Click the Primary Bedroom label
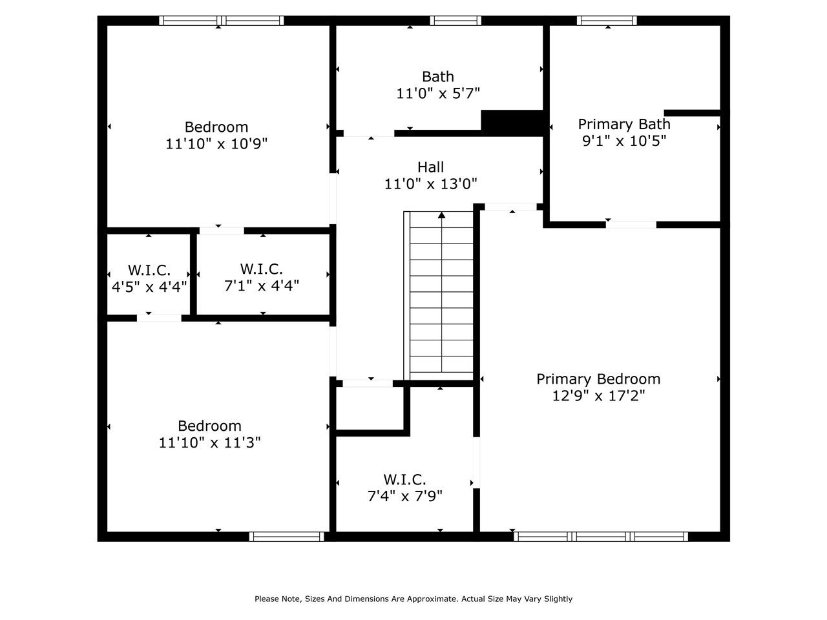598,379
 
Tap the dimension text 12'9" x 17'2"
598,396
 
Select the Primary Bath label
623,124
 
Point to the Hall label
430,167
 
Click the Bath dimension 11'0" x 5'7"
438,94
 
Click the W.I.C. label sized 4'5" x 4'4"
149,270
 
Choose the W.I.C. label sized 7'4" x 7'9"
404,479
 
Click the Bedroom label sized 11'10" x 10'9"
216,127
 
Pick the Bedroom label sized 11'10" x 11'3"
209,426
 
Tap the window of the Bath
455,21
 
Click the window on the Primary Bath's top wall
607,21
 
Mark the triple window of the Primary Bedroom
601,536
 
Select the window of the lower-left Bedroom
286,536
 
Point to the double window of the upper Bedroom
222,21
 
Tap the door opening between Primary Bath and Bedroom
631,225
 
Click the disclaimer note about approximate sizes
413,599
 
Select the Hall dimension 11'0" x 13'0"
430,184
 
